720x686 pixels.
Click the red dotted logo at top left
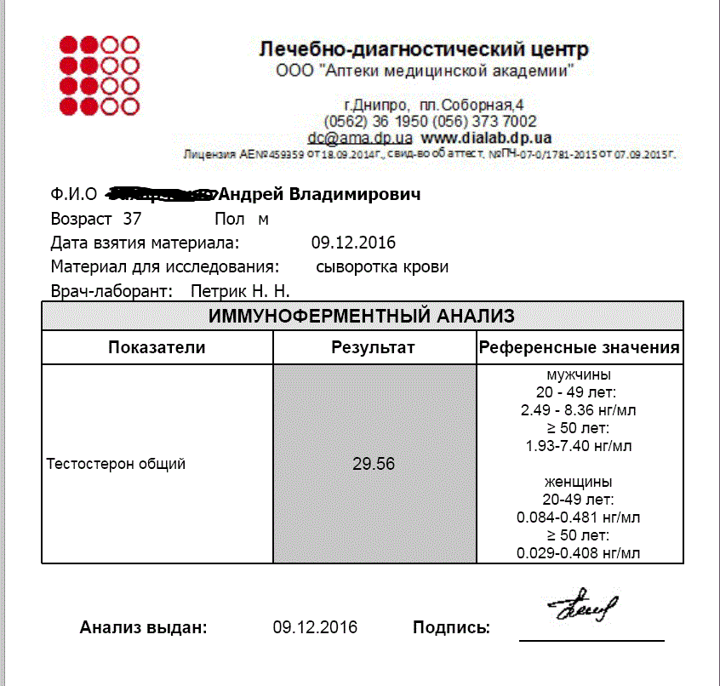[x=99, y=75]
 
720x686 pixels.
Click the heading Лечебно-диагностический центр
[x=423, y=49]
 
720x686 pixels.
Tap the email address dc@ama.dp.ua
[x=360, y=137]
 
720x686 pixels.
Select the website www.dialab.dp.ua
[x=486, y=137]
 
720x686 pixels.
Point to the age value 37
[x=133, y=219]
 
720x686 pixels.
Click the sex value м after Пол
[x=263, y=219]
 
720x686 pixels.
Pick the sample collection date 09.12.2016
[x=353, y=243]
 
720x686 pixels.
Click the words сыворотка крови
[x=382, y=266]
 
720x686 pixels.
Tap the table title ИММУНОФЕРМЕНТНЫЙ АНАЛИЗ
[x=362, y=317]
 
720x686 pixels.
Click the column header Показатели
[x=157, y=347]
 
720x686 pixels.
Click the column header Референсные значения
[x=580, y=347]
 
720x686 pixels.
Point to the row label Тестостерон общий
[x=116, y=464]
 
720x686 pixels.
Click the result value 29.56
[x=373, y=464]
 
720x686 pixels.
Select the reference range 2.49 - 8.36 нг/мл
[x=579, y=409]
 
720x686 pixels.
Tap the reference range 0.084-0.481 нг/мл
[x=579, y=517]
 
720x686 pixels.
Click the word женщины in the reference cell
[x=579, y=481]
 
